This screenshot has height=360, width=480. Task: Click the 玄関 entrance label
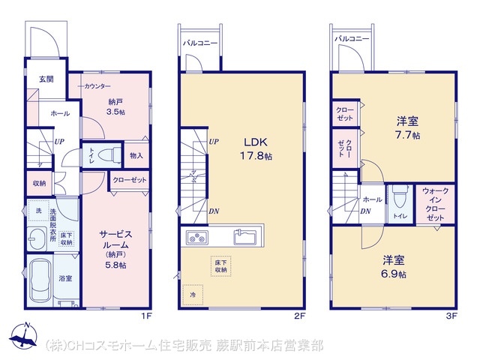46,79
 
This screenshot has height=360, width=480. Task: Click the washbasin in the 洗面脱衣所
37,238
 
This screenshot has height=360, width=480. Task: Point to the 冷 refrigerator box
193,295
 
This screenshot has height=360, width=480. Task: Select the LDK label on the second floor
255,142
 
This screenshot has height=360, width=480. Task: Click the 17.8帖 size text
256,156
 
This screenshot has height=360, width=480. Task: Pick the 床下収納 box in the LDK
220,266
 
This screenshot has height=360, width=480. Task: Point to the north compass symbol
23,336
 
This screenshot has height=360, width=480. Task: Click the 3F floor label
451,316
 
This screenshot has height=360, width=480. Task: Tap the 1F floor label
146,316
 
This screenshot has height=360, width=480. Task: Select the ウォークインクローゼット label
435,204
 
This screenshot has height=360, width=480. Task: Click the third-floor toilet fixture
400,197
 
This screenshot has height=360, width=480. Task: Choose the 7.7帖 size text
407,135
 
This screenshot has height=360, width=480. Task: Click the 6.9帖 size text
394,274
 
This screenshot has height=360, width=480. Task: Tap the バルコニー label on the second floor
200,43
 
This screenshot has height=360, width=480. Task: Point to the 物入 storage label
136,155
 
